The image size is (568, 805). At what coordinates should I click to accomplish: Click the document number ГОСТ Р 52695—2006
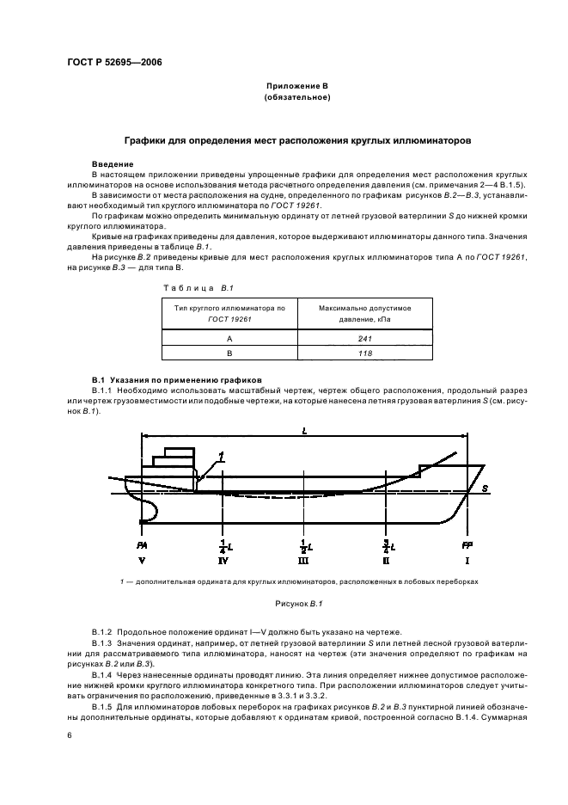tap(114, 63)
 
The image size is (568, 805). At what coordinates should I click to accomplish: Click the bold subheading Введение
tap(113, 163)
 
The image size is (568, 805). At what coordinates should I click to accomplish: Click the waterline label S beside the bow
tap(485, 489)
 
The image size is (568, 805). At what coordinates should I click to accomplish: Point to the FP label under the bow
tap(467, 545)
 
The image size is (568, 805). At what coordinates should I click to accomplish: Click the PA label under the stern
tap(141, 545)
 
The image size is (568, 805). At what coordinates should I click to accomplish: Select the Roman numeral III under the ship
tap(303, 561)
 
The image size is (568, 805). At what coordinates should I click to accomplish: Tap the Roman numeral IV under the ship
tap(223, 561)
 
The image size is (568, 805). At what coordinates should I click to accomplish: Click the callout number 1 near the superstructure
tap(221, 456)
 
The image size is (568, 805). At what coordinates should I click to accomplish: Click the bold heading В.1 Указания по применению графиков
tap(165, 378)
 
